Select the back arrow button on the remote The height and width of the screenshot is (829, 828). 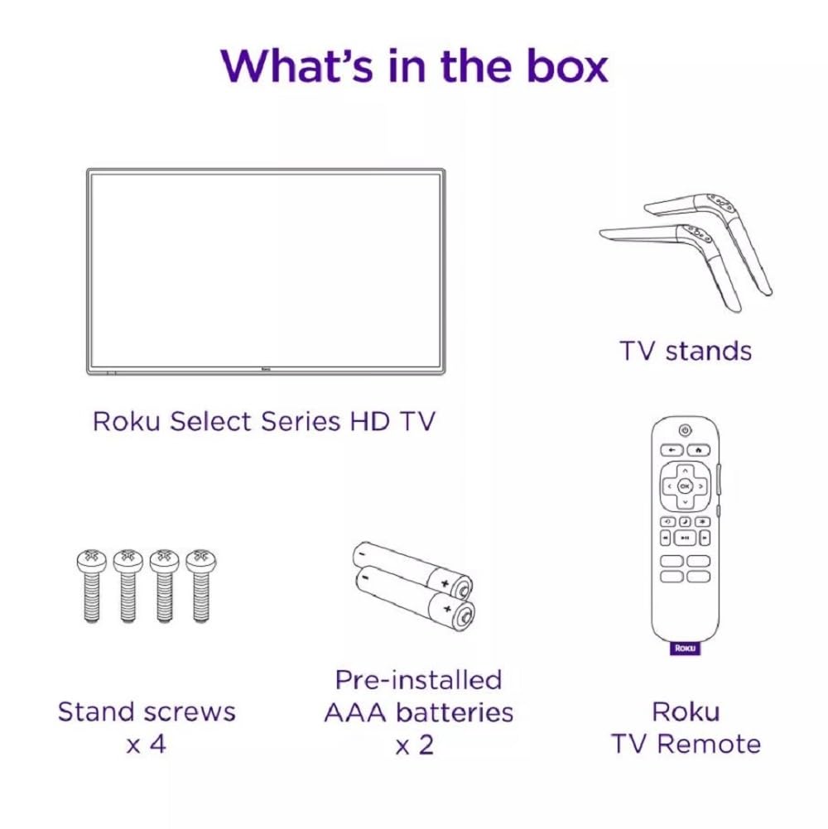pos(671,451)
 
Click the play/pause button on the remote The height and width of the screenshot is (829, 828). pos(685,538)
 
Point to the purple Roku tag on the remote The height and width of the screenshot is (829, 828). pos(685,648)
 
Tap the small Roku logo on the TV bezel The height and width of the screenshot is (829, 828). pos(267,369)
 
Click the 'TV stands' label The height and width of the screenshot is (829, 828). pos(686,351)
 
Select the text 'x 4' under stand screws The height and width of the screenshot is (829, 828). pos(146,743)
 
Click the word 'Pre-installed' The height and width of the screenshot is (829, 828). pos(418,680)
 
